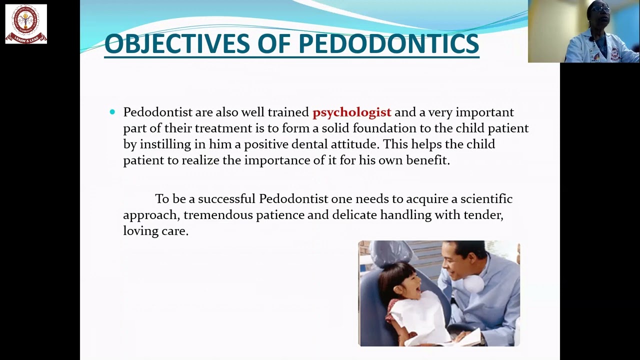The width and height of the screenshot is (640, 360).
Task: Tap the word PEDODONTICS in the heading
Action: (388, 43)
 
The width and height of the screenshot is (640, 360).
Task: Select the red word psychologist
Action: (351, 112)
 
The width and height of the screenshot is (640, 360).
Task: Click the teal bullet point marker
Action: (112, 112)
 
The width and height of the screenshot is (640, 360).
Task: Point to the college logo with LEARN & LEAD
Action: (26, 23)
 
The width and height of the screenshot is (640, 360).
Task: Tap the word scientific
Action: (486, 199)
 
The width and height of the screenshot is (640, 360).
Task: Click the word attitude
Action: (354, 144)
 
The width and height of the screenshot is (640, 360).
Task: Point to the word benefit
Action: (429, 160)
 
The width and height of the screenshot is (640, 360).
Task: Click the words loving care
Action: (155, 231)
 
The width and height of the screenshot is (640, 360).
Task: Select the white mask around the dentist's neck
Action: (472, 283)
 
